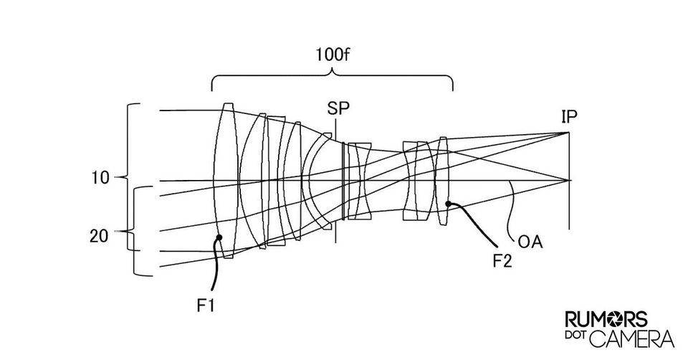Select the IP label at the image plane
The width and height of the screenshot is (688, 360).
pyautogui.click(x=569, y=117)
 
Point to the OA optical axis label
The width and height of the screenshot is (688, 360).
pyautogui.click(x=530, y=242)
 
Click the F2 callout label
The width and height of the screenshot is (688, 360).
pyautogui.click(x=502, y=261)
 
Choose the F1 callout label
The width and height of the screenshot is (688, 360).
pyautogui.click(x=205, y=305)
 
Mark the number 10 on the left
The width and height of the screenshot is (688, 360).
pyautogui.click(x=100, y=178)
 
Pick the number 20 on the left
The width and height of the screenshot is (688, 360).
pyautogui.click(x=99, y=236)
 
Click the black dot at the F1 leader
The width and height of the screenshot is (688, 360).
pyautogui.click(x=219, y=237)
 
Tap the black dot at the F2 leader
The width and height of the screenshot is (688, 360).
pyautogui.click(x=447, y=204)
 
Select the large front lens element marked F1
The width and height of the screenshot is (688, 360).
pyautogui.click(x=226, y=181)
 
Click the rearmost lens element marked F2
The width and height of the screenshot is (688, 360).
pyautogui.click(x=442, y=181)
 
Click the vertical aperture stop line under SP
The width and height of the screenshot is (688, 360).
pyautogui.click(x=335, y=179)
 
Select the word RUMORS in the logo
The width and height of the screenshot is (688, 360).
pyautogui.click(x=606, y=320)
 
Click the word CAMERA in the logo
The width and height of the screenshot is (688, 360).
pyautogui.click(x=632, y=338)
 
